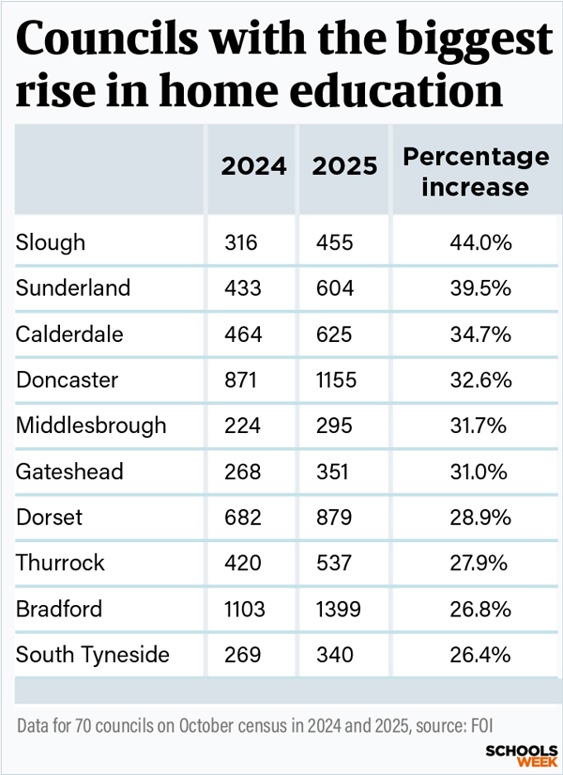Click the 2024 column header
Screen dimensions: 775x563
(254, 167)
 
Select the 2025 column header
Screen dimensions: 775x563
(345, 167)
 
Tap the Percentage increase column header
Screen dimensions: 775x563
(475, 172)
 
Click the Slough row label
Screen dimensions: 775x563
(51, 242)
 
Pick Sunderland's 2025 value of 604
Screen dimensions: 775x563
(334, 288)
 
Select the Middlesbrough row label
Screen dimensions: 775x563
(91, 426)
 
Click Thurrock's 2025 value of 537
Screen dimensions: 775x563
(333, 564)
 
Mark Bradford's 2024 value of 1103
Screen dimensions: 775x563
(245, 609)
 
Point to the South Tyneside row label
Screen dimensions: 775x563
(93, 655)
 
